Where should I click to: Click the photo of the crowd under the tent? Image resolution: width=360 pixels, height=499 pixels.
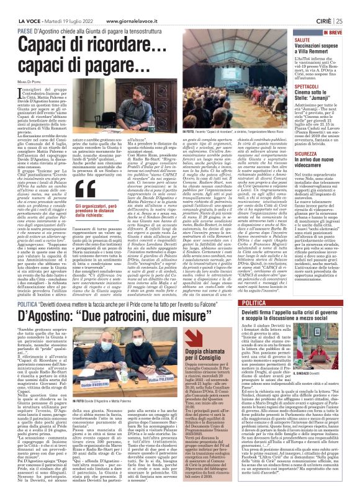coord(238,115)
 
